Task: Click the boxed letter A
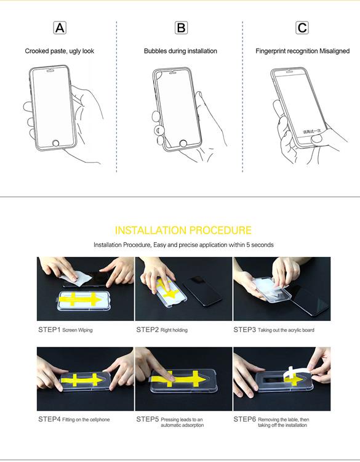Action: tap(60, 28)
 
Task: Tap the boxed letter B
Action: tap(181, 28)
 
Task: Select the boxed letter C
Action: tap(302, 28)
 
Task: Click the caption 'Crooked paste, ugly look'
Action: tap(60, 51)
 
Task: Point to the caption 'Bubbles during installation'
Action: tap(180, 51)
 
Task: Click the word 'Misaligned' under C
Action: tap(335, 51)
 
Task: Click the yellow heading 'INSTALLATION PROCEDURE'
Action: tap(183, 230)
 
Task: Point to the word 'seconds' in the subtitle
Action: tap(262, 245)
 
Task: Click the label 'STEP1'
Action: tap(49, 330)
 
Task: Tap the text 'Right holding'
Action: tap(174, 331)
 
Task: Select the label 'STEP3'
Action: tap(244, 330)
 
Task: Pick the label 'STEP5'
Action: tap(147, 419)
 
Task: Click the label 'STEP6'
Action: tap(244, 419)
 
